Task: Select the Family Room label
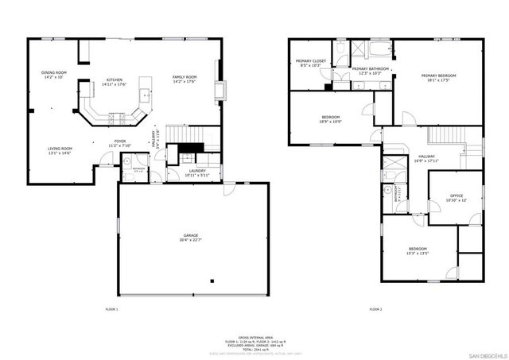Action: [x=185, y=77]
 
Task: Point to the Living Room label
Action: [x=60, y=149]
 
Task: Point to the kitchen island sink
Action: [x=146, y=93]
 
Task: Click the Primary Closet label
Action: [x=308, y=61]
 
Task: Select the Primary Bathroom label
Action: [x=371, y=69]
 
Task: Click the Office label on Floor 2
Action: [x=456, y=195]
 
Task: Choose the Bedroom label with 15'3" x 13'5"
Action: [x=418, y=249]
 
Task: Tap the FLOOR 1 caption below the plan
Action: [x=111, y=308]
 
